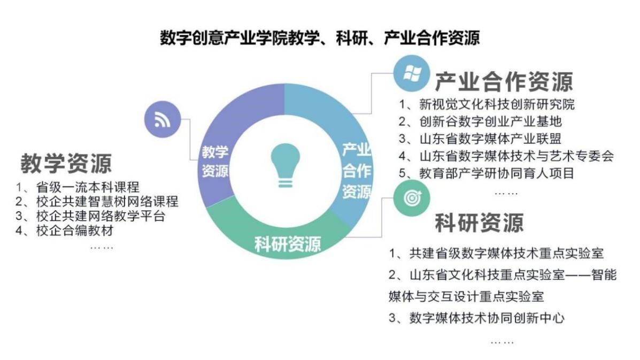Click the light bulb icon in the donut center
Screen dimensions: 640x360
(x=286, y=165)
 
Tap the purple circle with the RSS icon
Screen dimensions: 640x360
(x=163, y=119)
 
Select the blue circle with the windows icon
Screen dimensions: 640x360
(x=412, y=73)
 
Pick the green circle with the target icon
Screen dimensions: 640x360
(x=412, y=198)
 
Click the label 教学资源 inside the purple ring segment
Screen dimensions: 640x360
(x=215, y=161)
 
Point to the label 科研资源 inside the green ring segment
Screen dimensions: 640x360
(x=288, y=244)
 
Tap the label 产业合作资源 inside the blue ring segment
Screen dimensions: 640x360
(x=357, y=171)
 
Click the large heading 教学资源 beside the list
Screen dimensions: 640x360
(x=66, y=163)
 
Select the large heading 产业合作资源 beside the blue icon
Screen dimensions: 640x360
(x=504, y=81)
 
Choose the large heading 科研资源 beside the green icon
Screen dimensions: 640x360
(x=479, y=223)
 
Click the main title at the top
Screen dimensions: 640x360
(x=320, y=37)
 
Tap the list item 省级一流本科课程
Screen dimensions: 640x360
(x=78, y=187)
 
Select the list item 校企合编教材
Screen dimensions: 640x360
(x=65, y=230)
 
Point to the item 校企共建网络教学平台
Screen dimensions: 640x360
(x=90, y=216)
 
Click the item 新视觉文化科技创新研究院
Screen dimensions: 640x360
(x=487, y=104)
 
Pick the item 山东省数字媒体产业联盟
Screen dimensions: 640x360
(x=480, y=139)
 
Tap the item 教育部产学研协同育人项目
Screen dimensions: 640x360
(x=487, y=173)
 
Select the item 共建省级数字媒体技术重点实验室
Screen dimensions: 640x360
(x=496, y=253)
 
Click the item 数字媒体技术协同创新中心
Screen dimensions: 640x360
(x=477, y=318)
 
